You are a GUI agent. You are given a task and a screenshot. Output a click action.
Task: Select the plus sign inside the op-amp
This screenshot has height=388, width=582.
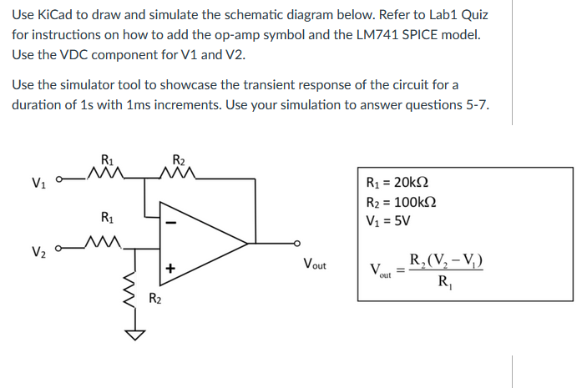[x=170, y=269]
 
